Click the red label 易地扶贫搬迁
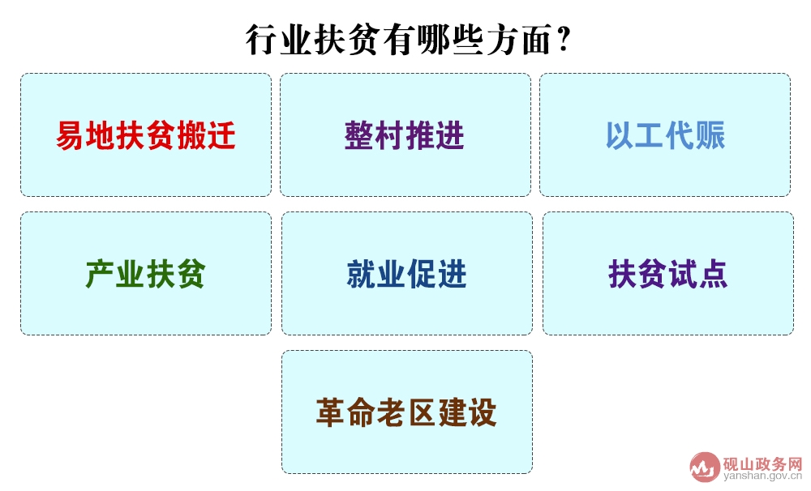click(x=146, y=135)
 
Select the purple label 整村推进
click(x=405, y=135)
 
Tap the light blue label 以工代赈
click(x=666, y=135)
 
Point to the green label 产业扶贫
click(x=146, y=274)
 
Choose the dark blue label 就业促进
click(x=406, y=274)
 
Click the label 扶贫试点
click(x=667, y=274)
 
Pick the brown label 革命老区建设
click(x=406, y=412)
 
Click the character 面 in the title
click(x=537, y=40)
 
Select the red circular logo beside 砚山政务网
click(x=705, y=468)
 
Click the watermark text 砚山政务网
click(x=762, y=463)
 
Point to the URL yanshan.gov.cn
click(x=763, y=476)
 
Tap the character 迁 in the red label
click(x=221, y=135)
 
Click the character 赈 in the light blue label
click(x=710, y=135)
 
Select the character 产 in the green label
click(x=101, y=274)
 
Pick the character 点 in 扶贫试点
click(x=713, y=274)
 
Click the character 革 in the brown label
click(x=331, y=412)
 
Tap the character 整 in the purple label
click(x=359, y=135)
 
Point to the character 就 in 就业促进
click(x=362, y=274)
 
